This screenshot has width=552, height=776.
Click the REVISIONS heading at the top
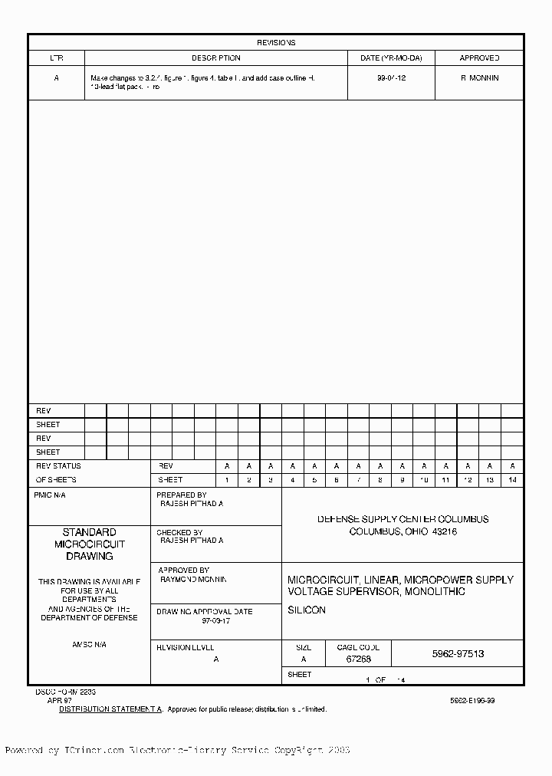pyautogui.click(x=276, y=43)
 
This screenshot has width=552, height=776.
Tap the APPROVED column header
pyautogui.click(x=479, y=58)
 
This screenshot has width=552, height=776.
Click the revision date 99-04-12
pyautogui.click(x=391, y=78)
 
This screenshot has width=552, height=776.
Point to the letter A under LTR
pyautogui.click(x=56, y=78)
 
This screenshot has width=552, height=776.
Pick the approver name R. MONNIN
pyautogui.click(x=479, y=78)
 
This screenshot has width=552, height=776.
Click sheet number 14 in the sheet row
pyautogui.click(x=512, y=480)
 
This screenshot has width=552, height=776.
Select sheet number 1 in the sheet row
pyautogui.click(x=226, y=480)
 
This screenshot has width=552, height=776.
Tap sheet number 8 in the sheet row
pyautogui.click(x=379, y=480)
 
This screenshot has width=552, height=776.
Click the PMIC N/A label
pyautogui.click(x=50, y=495)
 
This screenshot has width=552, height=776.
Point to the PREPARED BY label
pyautogui.click(x=182, y=495)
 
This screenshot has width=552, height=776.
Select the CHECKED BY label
pyautogui.click(x=179, y=532)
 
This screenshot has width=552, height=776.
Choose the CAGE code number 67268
pyautogui.click(x=359, y=659)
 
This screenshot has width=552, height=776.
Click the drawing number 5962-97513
pyautogui.click(x=458, y=654)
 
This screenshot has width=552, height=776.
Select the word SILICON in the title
pyautogui.click(x=307, y=610)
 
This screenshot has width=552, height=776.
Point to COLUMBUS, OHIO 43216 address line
pyautogui.click(x=402, y=531)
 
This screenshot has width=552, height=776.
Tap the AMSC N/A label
pyautogui.click(x=89, y=645)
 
